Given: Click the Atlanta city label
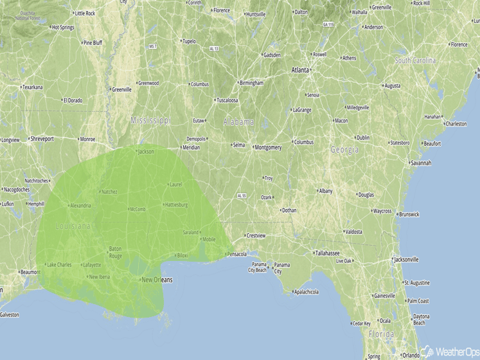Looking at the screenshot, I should click(300, 69).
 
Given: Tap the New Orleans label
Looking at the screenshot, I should click(156, 280).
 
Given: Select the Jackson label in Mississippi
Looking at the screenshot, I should click(146, 152).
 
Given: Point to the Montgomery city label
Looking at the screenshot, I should click(268, 147).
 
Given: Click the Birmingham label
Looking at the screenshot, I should click(251, 82).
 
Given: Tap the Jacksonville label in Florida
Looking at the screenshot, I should click(406, 260).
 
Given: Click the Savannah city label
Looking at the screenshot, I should click(421, 163).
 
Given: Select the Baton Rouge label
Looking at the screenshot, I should click(115, 251).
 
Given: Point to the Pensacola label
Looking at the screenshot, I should click(236, 255).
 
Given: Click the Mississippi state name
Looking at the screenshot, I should click(150, 120).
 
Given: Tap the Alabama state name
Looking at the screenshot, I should click(238, 122).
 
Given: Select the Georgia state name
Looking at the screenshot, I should click(344, 150).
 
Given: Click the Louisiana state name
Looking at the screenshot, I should click(73, 226).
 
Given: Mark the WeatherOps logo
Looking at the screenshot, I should click(449, 352).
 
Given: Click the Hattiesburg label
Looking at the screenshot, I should click(176, 205).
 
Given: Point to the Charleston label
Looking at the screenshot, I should click(456, 123).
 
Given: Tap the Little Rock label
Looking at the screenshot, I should click(85, 13).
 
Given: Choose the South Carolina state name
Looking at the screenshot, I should click(415, 60).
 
